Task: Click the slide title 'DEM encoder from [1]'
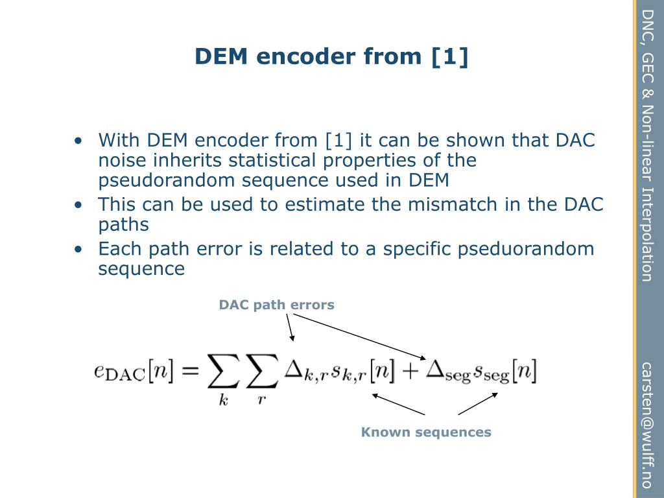coord(331,56)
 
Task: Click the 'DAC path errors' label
coord(276,305)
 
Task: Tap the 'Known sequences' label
coord(426,432)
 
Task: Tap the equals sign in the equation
coord(189,371)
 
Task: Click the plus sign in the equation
coord(409,371)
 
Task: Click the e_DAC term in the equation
coord(119,372)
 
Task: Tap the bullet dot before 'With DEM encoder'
coord(78,141)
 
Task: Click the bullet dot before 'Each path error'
coord(78,250)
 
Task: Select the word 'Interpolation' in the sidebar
coord(646,234)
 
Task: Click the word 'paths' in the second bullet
coord(123,224)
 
